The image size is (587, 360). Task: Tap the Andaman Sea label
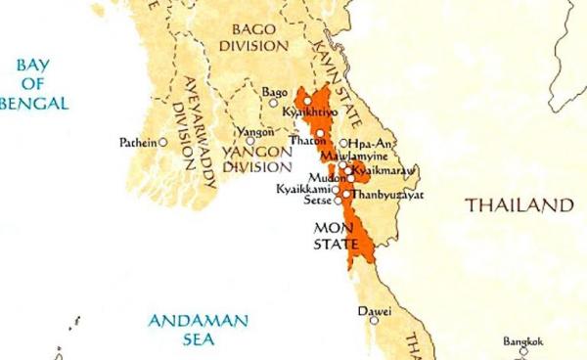(199, 330)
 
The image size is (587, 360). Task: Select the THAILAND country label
(518, 205)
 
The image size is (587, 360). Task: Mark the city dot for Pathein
(163, 142)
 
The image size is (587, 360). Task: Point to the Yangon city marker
(250, 141)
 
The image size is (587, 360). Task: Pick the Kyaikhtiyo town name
(309, 113)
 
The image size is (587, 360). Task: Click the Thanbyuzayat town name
(384, 194)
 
